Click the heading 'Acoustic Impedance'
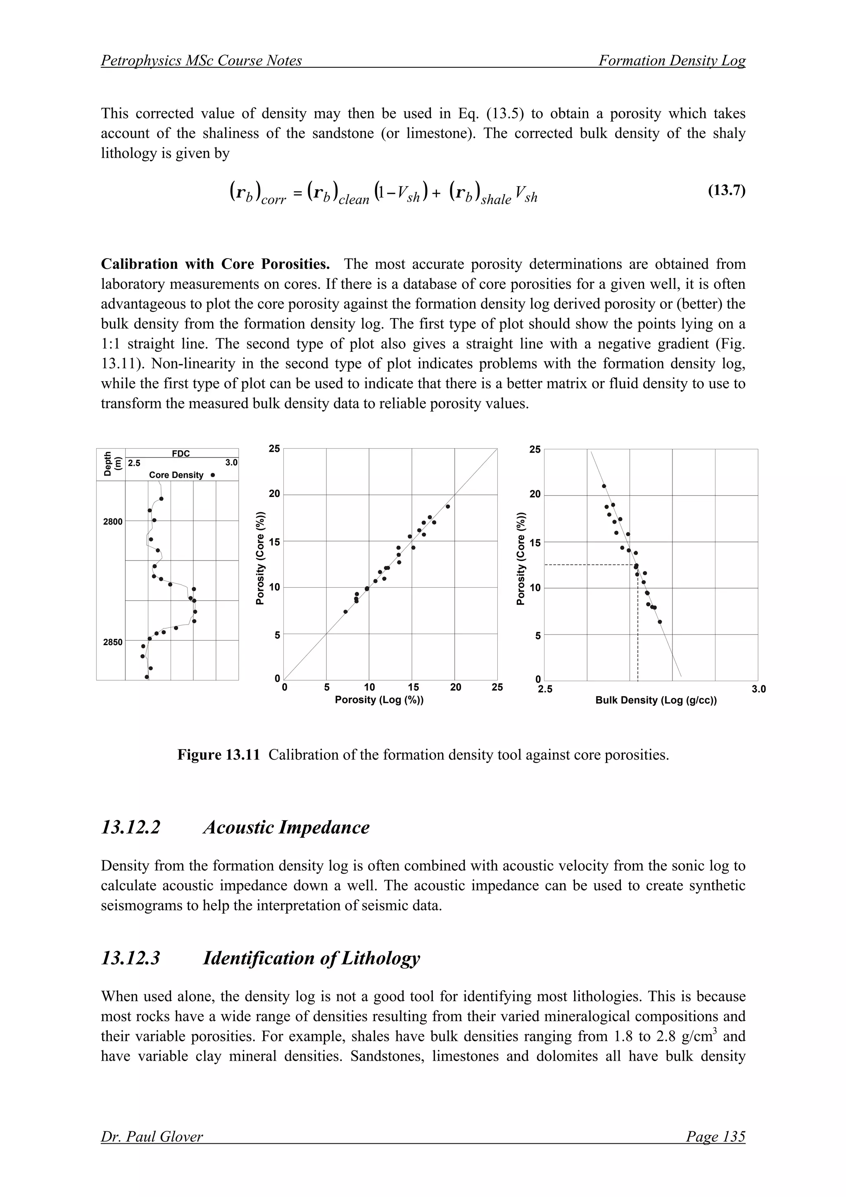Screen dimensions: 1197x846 click(x=286, y=827)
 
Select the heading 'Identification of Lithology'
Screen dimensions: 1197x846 click(x=311, y=958)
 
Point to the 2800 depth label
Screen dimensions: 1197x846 click(x=113, y=521)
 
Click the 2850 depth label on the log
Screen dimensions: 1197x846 click(x=113, y=642)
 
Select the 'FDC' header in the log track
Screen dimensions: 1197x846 click(x=181, y=454)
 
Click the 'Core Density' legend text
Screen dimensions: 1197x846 click(x=176, y=475)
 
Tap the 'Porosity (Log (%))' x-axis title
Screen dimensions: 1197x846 click(x=379, y=700)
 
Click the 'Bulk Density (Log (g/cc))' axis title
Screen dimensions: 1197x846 click(x=656, y=700)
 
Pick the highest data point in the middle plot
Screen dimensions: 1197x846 click(x=448, y=506)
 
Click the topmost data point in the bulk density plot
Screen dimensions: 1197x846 click(x=604, y=486)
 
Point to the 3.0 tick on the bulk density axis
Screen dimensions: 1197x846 click(x=758, y=689)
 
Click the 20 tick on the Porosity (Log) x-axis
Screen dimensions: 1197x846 click(x=455, y=687)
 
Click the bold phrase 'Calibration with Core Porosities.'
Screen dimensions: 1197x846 click(x=215, y=264)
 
